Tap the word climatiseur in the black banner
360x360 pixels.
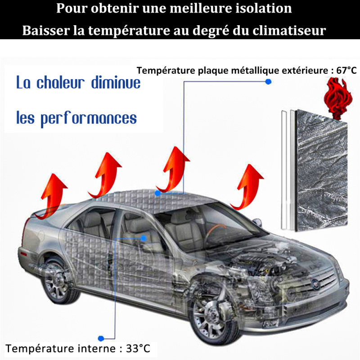(289, 30)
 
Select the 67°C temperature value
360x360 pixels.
(346, 70)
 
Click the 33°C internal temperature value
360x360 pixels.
(138, 348)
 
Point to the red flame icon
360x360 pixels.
(338, 98)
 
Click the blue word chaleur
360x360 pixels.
(61, 82)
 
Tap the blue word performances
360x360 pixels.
(88, 119)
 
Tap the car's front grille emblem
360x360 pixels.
(315, 284)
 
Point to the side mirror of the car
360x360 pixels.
(257, 222)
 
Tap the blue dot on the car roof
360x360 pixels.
(157, 193)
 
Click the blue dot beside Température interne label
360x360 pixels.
(101, 338)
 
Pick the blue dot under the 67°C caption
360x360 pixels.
(268, 81)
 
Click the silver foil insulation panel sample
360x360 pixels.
(321, 171)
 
